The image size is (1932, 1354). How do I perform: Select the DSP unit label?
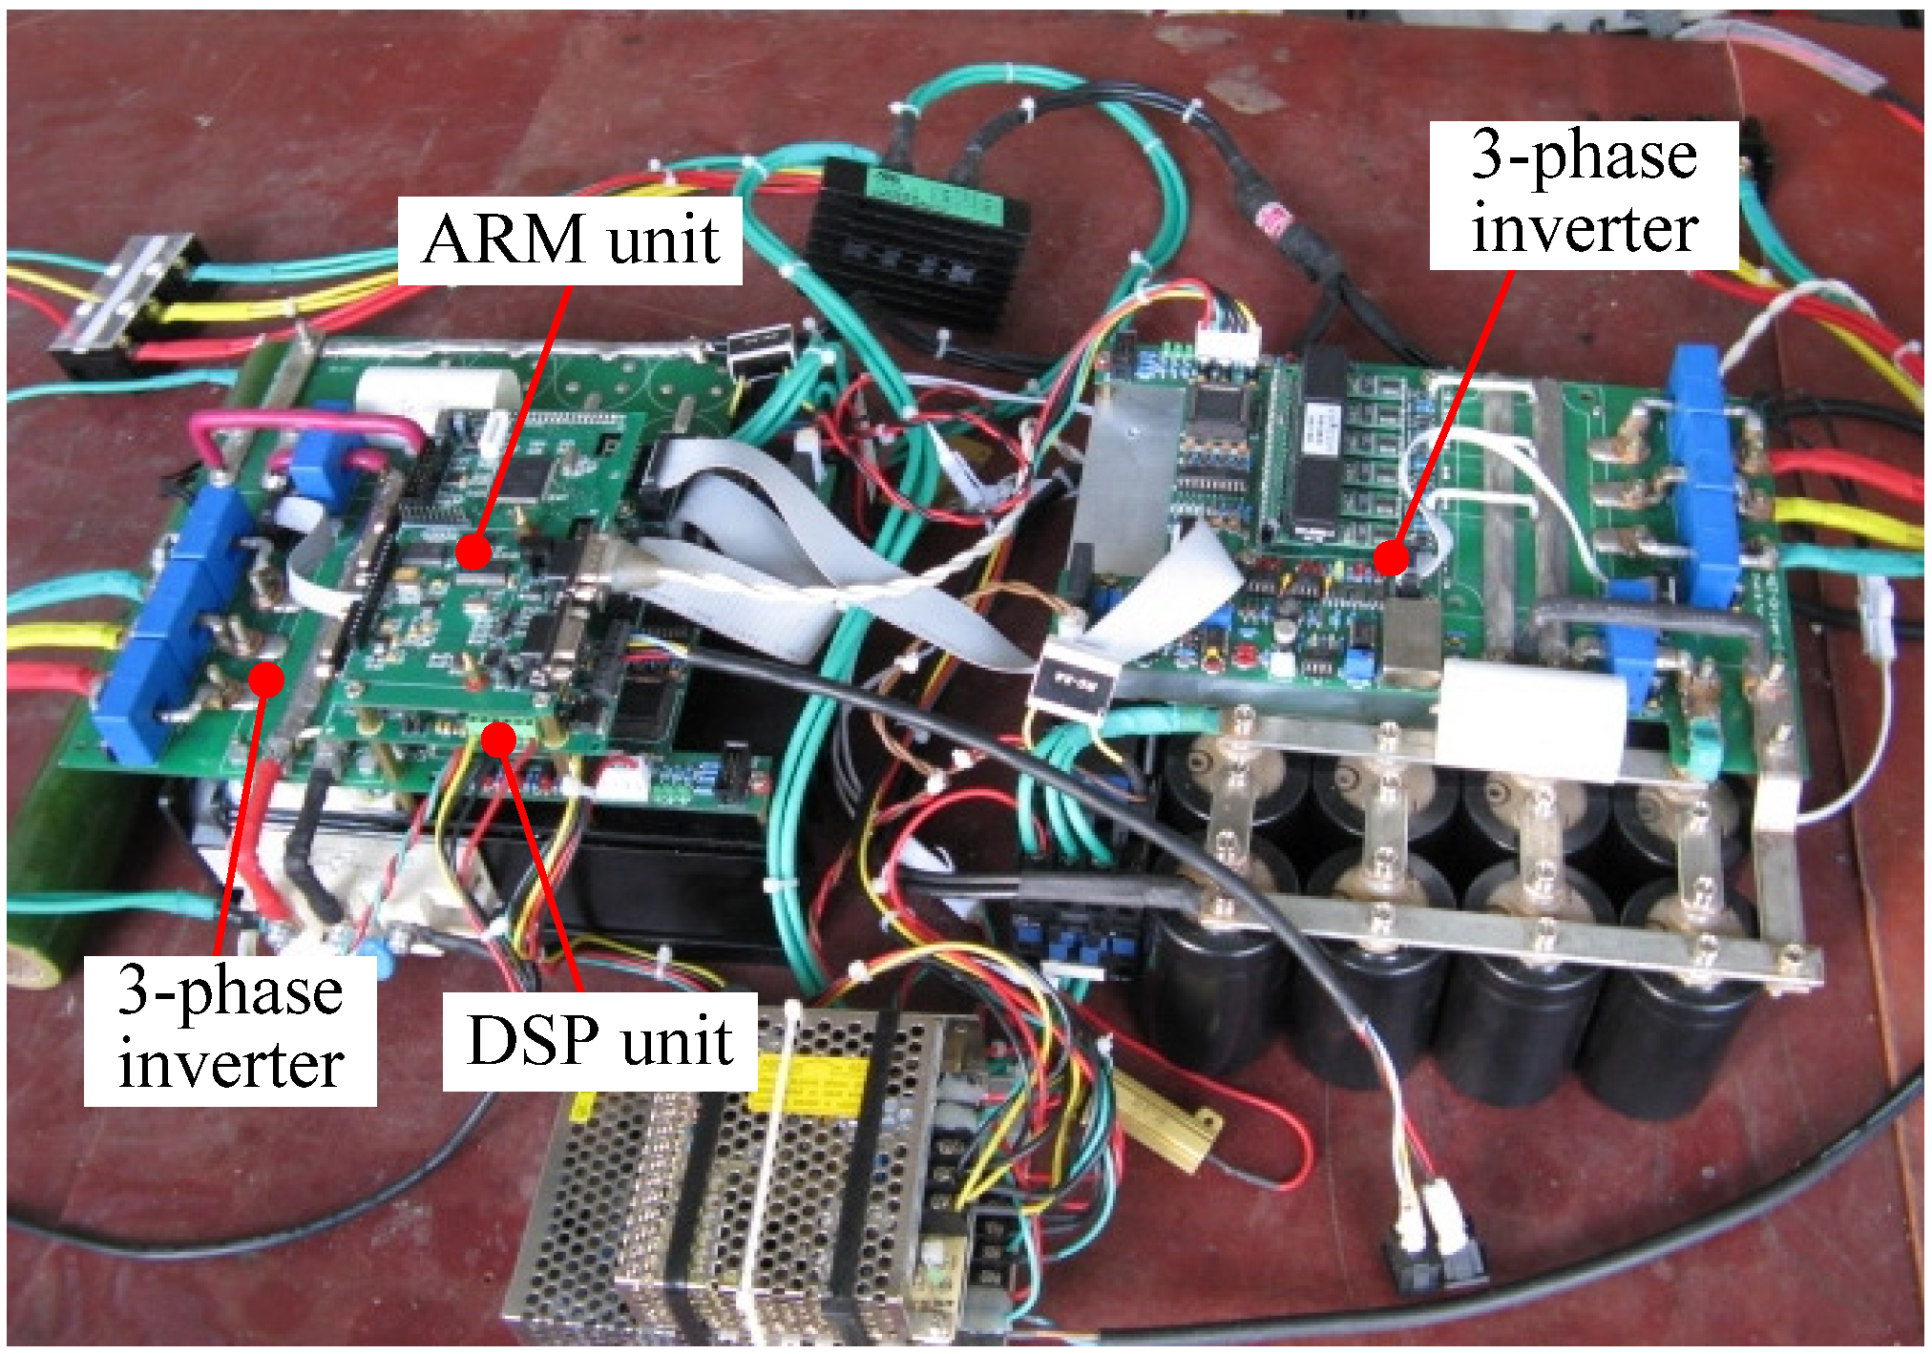click(x=599, y=1040)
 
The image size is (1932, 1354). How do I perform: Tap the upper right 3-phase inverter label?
click(x=1584, y=194)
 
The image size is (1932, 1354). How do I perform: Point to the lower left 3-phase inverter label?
click(x=230, y=1031)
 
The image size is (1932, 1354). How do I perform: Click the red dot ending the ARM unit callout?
click(x=473, y=552)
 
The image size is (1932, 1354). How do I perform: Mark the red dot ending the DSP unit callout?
click(x=498, y=738)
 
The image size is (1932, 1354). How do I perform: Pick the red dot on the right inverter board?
click(x=1393, y=556)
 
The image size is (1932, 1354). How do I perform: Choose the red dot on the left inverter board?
click(x=267, y=678)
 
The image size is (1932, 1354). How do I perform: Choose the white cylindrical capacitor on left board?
click(x=439, y=391)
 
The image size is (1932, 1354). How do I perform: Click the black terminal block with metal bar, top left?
click(x=129, y=301)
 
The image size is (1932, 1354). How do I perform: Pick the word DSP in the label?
click(x=535, y=1040)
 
